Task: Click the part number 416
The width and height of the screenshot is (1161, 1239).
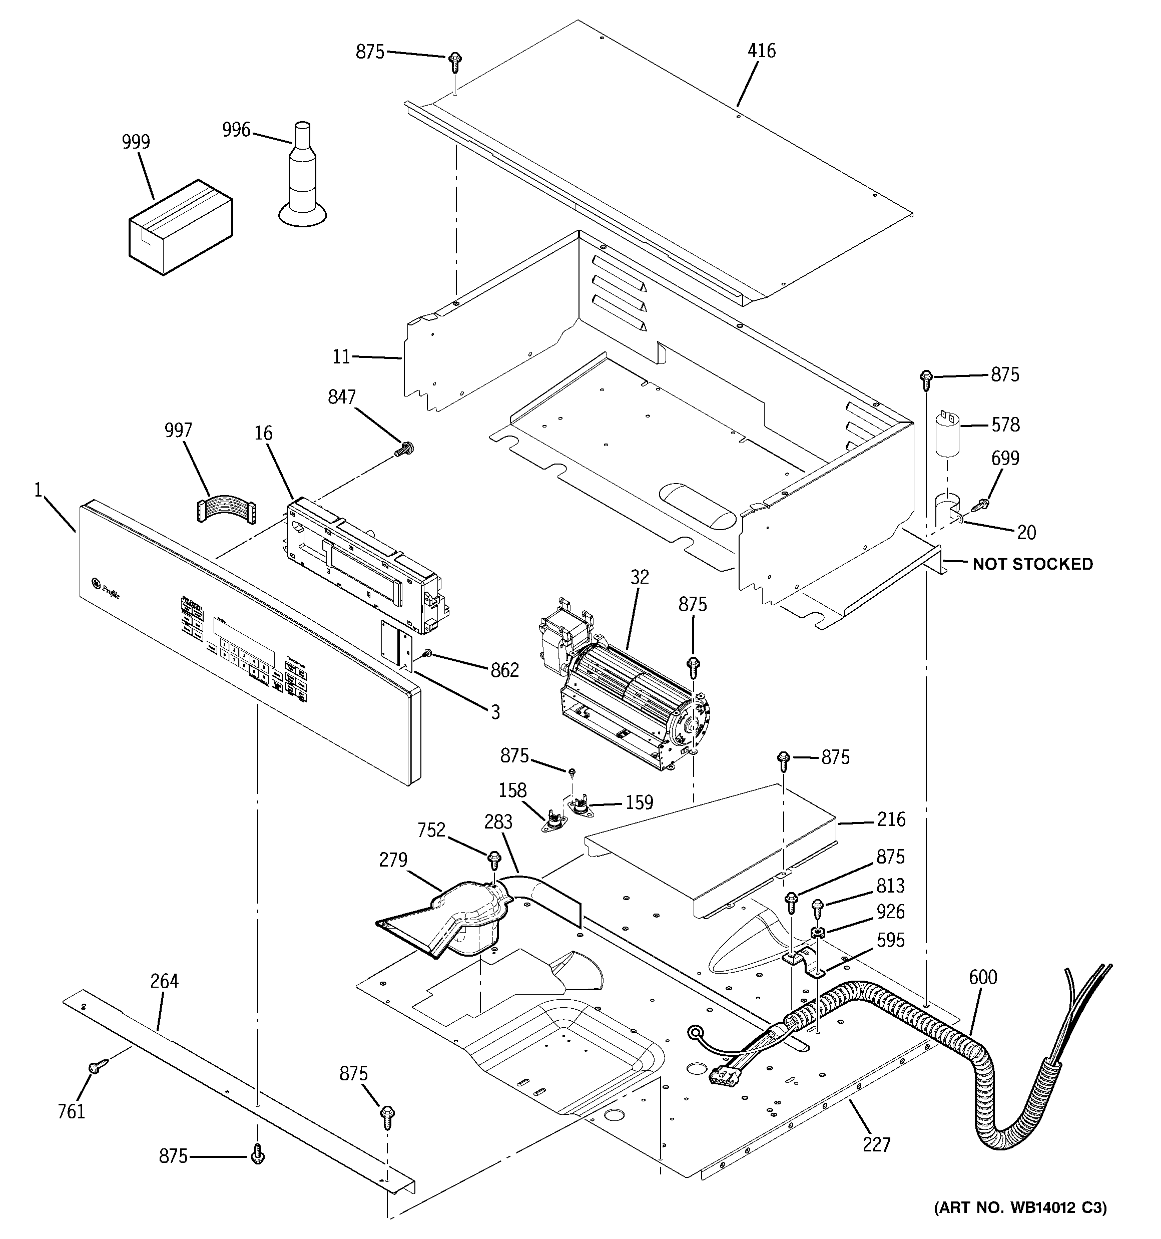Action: coord(761,51)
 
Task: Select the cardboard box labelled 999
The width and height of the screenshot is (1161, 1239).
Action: coord(181,227)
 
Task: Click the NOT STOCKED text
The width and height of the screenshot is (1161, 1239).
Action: coord(1032,564)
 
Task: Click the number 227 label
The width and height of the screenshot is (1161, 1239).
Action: coord(876,1145)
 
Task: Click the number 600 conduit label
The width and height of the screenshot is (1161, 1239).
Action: coord(983,977)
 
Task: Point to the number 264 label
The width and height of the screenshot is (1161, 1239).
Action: coord(165,982)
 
